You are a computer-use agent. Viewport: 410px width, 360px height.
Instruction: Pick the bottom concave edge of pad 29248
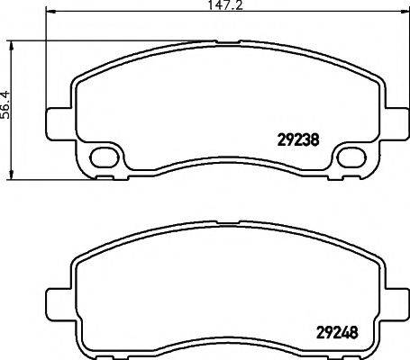(225, 341)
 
